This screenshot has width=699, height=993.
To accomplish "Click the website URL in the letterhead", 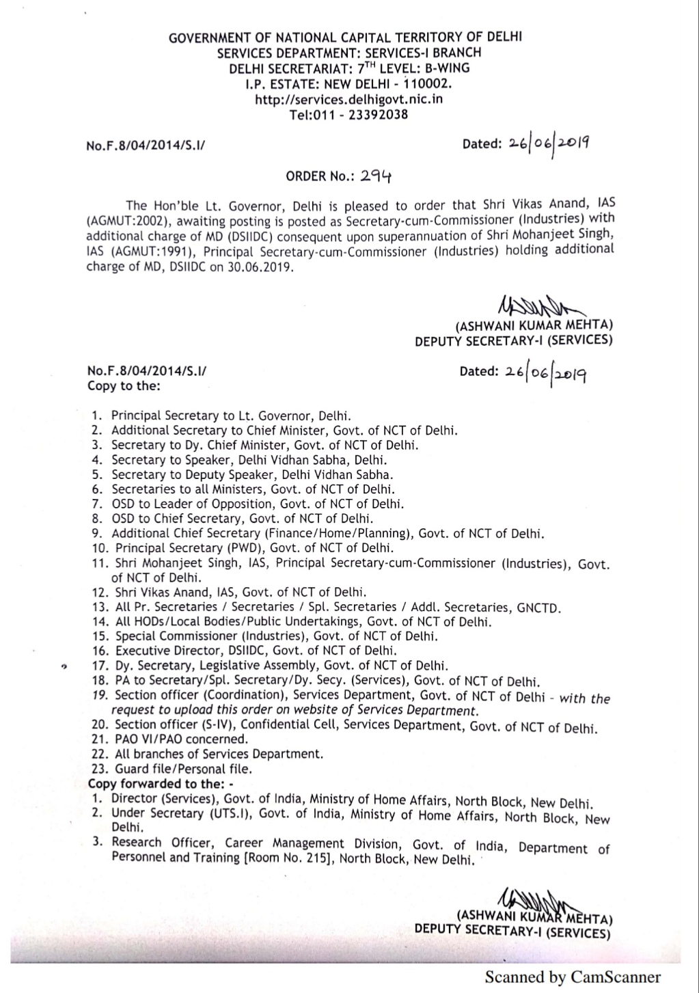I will pos(348,99).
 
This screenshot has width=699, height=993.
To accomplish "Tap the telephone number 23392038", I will pos(378,114).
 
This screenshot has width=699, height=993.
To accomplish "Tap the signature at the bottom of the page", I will pos(540,898).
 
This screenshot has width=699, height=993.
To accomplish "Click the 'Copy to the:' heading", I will pos(124,386).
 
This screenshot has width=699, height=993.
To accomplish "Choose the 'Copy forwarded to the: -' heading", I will pos(161,784).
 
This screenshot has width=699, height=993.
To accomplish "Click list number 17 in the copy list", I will pos(100,666).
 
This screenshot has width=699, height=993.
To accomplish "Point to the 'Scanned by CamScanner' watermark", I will pos(573,977).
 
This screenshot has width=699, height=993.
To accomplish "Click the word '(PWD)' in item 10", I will pos(244,548).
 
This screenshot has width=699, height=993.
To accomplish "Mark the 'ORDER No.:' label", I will pos(317,176).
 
